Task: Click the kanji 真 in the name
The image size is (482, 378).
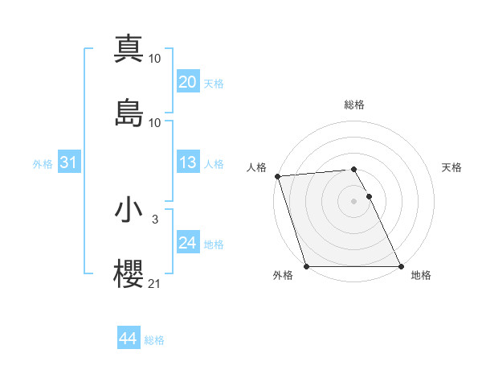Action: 129,49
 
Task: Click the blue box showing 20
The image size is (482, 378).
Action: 187,82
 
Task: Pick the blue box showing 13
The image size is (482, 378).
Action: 187,163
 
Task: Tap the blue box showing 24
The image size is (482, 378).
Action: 187,244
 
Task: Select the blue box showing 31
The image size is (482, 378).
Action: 68,163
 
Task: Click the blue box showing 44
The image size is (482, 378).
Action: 128,339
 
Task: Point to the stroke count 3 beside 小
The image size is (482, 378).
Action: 155,219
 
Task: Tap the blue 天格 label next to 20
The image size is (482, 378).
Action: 214,84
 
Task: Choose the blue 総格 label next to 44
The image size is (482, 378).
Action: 154,340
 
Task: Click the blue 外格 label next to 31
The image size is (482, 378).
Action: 43,164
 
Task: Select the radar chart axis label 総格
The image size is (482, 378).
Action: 354,105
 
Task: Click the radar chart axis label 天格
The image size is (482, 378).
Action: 452,167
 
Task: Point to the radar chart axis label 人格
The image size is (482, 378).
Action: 257,167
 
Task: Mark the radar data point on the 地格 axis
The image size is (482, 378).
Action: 401,266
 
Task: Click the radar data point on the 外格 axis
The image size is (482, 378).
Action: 306,266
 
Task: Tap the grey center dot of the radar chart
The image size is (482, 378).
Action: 354,201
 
